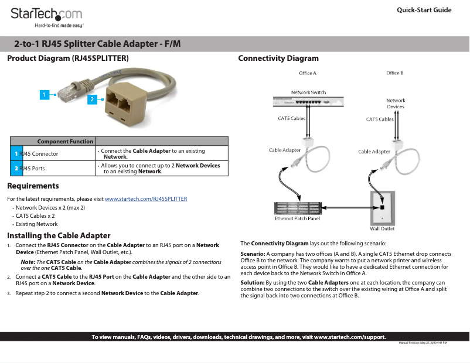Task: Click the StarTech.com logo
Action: tap(47, 15)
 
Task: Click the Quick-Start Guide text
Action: tap(424, 10)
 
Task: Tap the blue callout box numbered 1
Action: tap(45, 94)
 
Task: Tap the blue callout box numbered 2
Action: tap(92, 100)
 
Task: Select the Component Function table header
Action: tap(65, 141)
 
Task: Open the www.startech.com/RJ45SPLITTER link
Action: tap(146, 198)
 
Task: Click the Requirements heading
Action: tap(33, 186)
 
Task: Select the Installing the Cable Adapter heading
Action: tap(59, 235)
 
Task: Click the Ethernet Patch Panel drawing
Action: tap(297, 208)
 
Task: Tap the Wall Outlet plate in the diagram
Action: tap(382, 208)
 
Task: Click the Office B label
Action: tap(394, 73)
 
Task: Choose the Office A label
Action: tap(307, 73)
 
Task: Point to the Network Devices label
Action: tap(396, 103)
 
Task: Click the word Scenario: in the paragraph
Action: tap(253, 254)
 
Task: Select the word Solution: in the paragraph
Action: tap(253, 283)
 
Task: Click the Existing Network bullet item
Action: tap(36, 224)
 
